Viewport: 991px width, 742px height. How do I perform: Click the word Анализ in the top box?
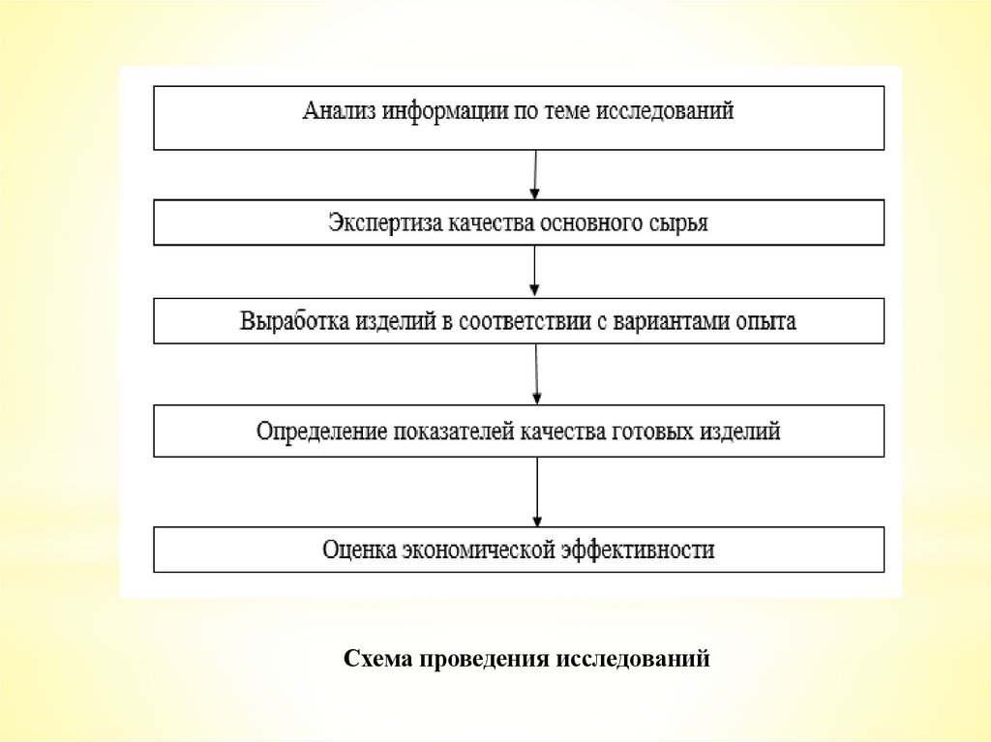338,111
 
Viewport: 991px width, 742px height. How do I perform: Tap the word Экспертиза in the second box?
384,223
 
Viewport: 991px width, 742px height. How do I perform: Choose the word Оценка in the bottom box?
357,550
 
